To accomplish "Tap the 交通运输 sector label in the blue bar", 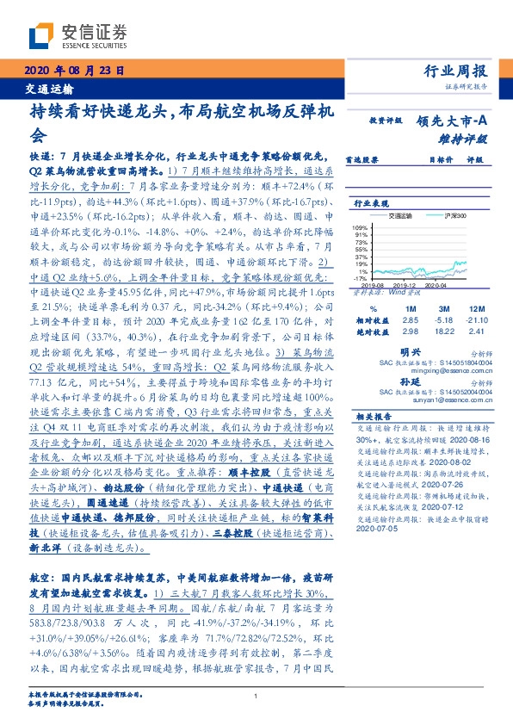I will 47,89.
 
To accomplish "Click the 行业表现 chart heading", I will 372,203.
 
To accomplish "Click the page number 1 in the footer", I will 256,697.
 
